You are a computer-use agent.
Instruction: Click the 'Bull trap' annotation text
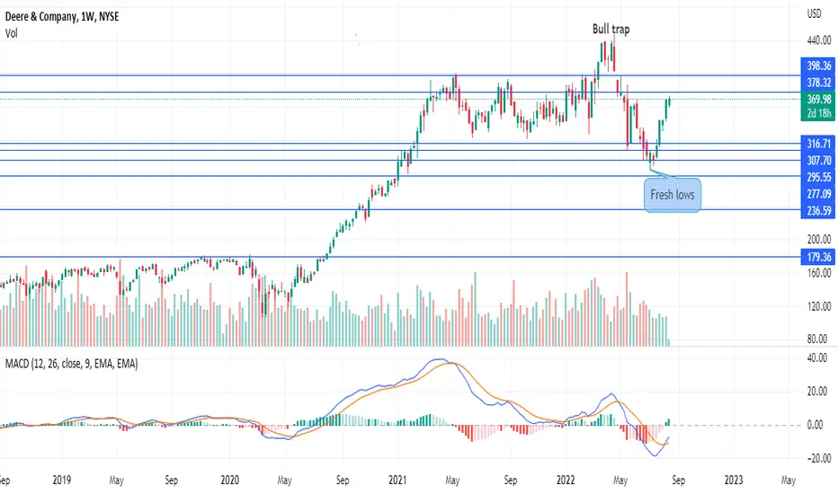611,29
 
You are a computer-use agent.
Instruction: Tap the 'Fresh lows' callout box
673,195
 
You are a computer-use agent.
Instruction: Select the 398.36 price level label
818,66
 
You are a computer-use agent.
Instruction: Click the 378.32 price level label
818,83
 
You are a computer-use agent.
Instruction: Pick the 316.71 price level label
818,144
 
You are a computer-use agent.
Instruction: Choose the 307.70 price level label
818,160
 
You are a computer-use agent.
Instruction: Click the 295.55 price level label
818,177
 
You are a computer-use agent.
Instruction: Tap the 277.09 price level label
818,193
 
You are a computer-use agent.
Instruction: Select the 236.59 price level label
818,210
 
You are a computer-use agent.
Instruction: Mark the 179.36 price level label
818,257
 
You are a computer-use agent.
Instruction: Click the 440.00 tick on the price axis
819,40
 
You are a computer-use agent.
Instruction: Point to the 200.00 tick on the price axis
819,239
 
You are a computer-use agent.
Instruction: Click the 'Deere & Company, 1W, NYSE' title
62,16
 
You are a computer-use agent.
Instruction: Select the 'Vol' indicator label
11,33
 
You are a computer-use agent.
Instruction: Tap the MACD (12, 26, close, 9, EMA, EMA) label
72,365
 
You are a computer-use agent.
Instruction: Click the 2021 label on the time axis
397,480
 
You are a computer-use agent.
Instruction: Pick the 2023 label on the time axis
734,480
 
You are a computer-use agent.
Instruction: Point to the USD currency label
814,13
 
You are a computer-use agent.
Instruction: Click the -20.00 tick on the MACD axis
818,458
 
